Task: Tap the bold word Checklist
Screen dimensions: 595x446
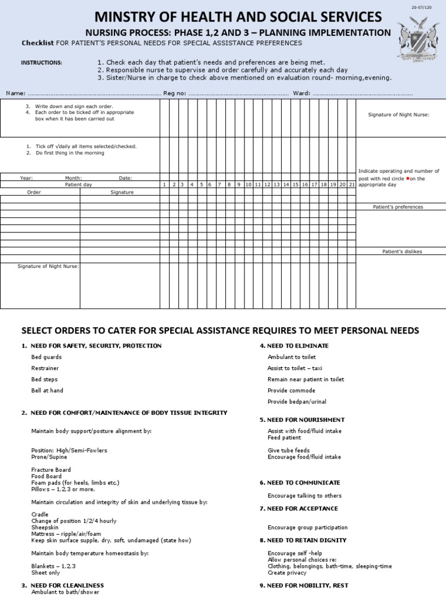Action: (x=38, y=43)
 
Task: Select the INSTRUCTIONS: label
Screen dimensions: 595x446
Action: (x=41, y=63)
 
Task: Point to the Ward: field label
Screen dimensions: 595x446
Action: (x=301, y=93)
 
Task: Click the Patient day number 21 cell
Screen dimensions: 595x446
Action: (x=351, y=184)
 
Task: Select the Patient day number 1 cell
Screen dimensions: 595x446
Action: (x=165, y=184)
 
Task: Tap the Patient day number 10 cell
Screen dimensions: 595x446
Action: (x=248, y=184)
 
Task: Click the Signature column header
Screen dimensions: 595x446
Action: (x=122, y=192)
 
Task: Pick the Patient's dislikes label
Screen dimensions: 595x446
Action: (x=402, y=252)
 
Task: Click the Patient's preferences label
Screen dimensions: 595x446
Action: (x=398, y=207)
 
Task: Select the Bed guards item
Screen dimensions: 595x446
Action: (x=46, y=357)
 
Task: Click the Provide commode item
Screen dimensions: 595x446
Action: (x=291, y=390)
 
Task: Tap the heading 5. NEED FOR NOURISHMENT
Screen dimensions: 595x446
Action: (x=302, y=420)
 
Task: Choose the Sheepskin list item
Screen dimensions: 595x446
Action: (x=44, y=527)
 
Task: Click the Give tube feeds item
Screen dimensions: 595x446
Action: (x=289, y=450)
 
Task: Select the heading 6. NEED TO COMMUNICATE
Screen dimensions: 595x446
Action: (x=300, y=483)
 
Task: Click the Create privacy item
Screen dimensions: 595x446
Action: (x=287, y=572)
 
